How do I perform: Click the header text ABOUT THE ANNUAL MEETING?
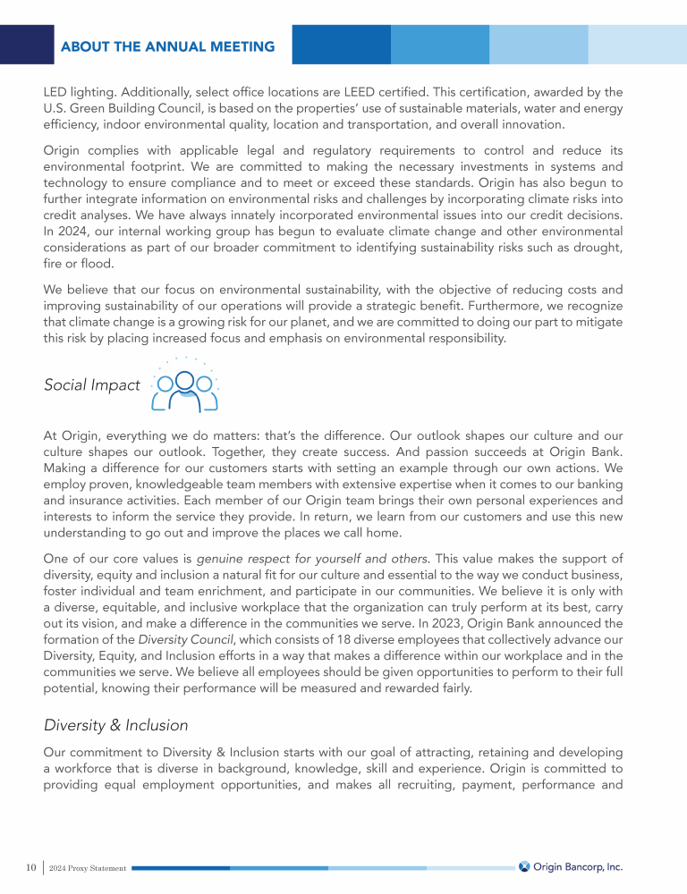167,46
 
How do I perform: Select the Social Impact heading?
91,385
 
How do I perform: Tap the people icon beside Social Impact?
184,387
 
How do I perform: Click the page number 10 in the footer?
30,867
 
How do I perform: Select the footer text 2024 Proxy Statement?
87,868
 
